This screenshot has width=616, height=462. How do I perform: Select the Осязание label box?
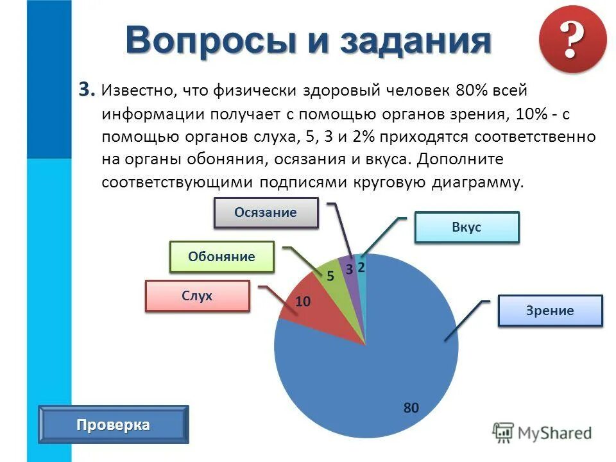[266, 213]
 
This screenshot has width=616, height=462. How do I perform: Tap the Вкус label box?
[466, 227]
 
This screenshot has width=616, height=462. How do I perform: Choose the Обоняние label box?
[221, 257]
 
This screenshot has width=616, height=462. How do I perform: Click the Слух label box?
[197, 296]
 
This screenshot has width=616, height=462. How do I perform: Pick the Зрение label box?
[550, 311]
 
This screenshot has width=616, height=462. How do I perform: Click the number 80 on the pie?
[411, 407]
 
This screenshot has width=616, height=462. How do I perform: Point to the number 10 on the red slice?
[303, 301]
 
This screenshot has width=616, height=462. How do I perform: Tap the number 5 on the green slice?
[330, 277]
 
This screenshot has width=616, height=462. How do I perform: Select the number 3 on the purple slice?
[350, 269]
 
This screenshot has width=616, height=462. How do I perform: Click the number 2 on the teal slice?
[361, 268]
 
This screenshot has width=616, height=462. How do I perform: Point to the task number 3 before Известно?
[86, 89]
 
